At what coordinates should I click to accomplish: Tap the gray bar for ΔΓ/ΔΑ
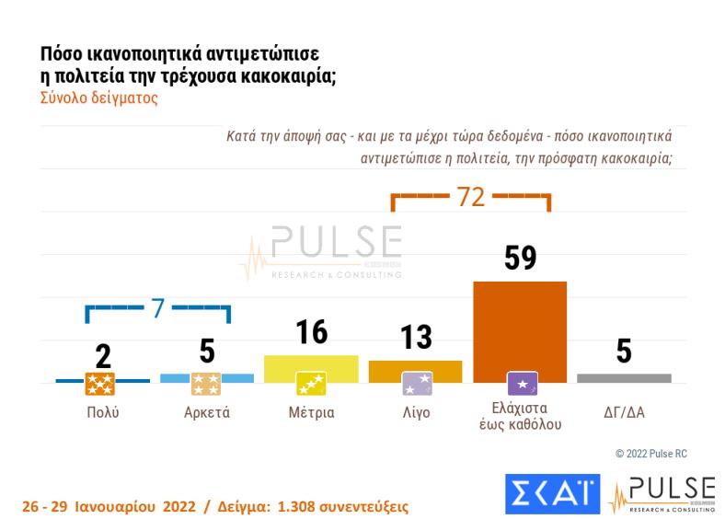click(x=624, y=378)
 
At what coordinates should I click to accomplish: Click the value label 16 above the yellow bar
click(x=312, y=332)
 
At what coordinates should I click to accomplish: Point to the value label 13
click(x=416, y=338)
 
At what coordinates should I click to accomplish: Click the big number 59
click(x=520, y=258)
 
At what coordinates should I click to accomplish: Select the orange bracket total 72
click(x=470, y=198)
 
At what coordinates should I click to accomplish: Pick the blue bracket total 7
click(x=157, y=309)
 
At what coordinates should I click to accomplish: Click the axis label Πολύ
click(x=102, y=412)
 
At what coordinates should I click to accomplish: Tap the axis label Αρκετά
click(x=207, y=412)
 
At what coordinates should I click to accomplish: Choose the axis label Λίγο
click(x=416, y=412)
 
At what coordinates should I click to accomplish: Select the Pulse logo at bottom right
click(x=662, y=494)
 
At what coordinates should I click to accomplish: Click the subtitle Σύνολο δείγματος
click(x=99, y=98)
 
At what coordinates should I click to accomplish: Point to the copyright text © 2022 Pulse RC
click(x=651, y=454)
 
